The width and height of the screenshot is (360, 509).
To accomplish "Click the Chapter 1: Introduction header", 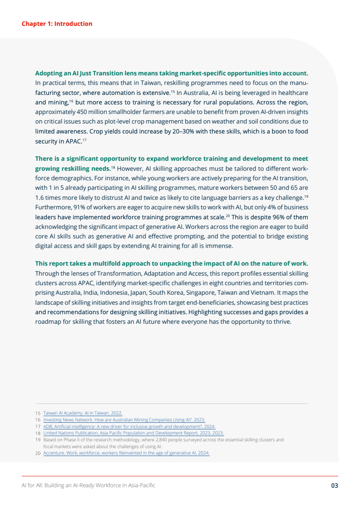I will click(57, 24).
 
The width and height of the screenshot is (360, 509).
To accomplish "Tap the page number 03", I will click(334, 485).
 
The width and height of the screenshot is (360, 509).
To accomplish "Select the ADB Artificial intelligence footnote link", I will click(129, 427).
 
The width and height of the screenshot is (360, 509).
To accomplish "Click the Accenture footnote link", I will click(126, 453).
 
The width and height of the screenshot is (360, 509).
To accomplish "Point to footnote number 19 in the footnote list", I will click(38, 440).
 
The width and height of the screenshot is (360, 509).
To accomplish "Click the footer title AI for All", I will click(89, 485).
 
